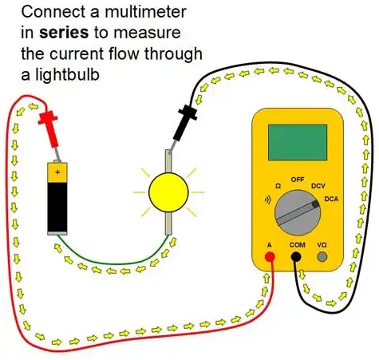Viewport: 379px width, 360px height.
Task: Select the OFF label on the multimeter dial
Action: pyautogui.click(x=298, y=180)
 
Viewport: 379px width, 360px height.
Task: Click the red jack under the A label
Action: pyautogui.click(x=270, y=257)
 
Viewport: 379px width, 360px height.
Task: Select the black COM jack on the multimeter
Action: pyautogui.click(x=296, y=257)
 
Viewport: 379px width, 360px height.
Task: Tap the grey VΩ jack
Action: pyautogui.click(x=322, y=257)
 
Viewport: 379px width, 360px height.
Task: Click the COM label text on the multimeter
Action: pyautogui.click(x=296, y=244)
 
